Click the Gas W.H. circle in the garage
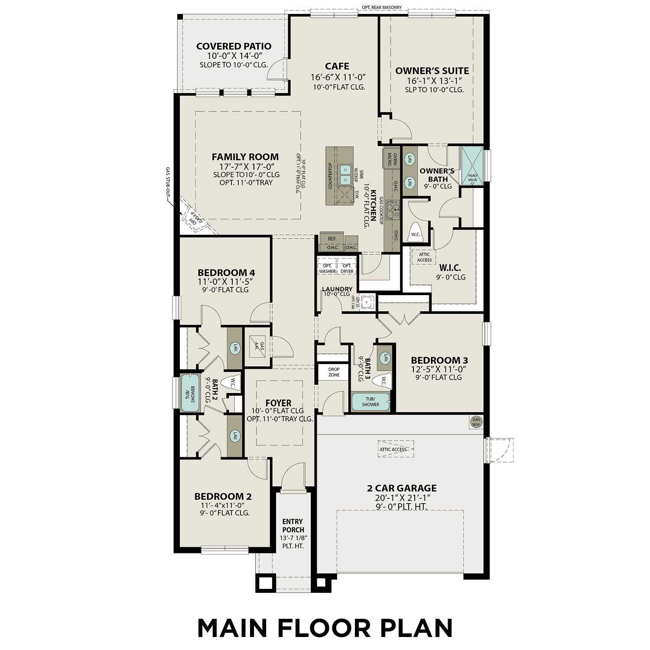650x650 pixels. (476, 422)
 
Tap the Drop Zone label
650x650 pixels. (334, 372)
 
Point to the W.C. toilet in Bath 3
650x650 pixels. (384, 380)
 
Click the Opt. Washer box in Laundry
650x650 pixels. (327, 268)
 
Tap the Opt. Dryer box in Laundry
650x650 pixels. (347, 268)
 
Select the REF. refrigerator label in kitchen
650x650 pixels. (332, 239)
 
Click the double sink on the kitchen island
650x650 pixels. (345, 174)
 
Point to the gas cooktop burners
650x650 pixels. (392, 210)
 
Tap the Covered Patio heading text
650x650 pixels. (234, 46)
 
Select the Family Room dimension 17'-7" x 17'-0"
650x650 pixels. (245, 166)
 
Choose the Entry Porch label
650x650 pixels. (293, 526)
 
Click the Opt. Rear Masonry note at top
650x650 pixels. (381, 7)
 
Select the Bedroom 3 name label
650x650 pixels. (439, 360)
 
